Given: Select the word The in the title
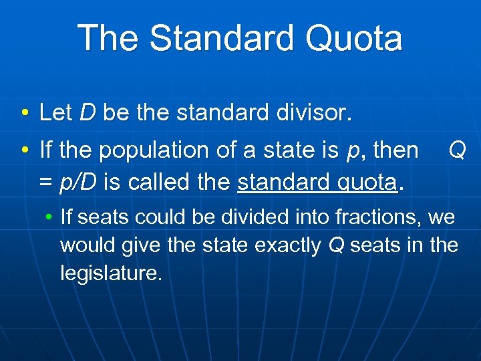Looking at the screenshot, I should click(109, 38).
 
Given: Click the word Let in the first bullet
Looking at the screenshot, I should click(55, 112).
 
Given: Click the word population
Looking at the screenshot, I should click(150, 150).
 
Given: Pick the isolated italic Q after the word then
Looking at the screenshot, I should click(457, 150).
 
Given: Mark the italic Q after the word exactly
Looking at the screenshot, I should click(336, 246).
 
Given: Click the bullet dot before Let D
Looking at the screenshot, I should click(24, 113).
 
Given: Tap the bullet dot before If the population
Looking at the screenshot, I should click(24, 151).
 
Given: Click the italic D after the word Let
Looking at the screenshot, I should click(88, 112).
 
